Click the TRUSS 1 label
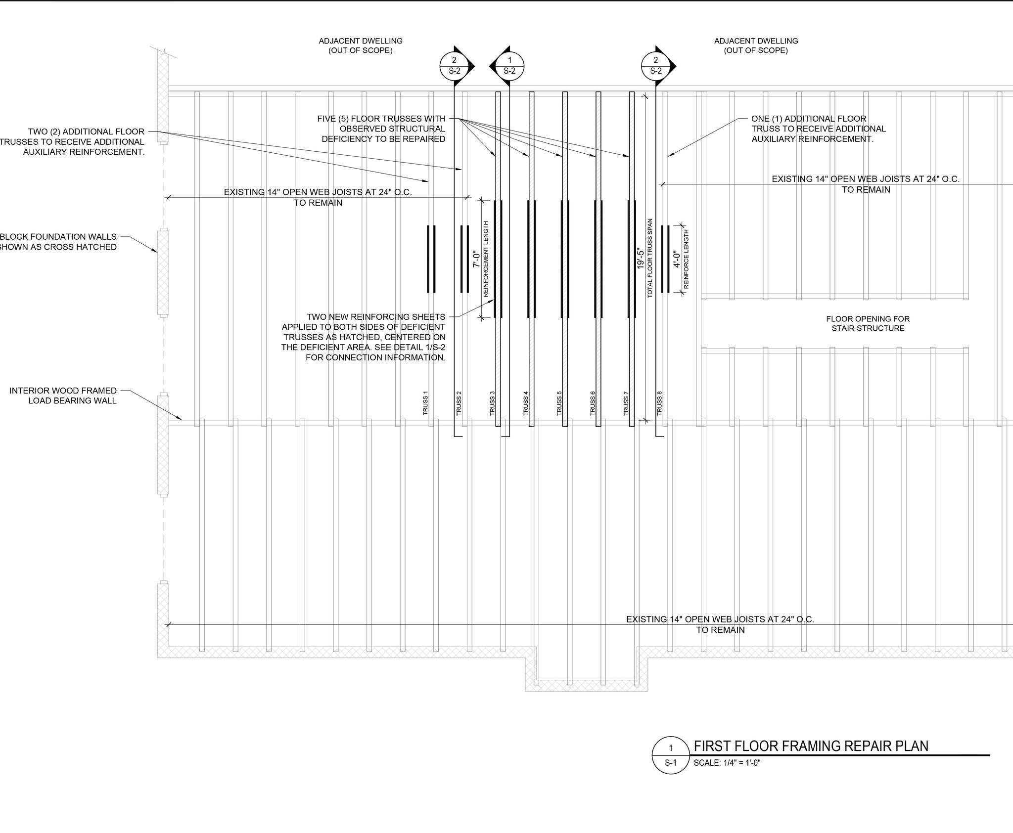425,403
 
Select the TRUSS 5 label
559,403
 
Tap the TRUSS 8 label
659,403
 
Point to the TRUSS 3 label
492,403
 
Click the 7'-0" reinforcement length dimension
476,259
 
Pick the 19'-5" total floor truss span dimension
641,259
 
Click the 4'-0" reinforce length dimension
677,259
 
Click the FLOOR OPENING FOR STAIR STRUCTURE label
868,324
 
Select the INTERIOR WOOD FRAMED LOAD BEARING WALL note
63,395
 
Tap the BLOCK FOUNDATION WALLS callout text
58,242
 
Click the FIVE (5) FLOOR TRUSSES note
381,129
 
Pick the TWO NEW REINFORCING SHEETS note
364,337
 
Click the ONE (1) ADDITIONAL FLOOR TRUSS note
819,129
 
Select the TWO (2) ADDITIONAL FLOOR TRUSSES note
72,142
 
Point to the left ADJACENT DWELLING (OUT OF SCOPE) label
361,45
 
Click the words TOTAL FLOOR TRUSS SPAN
650,258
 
